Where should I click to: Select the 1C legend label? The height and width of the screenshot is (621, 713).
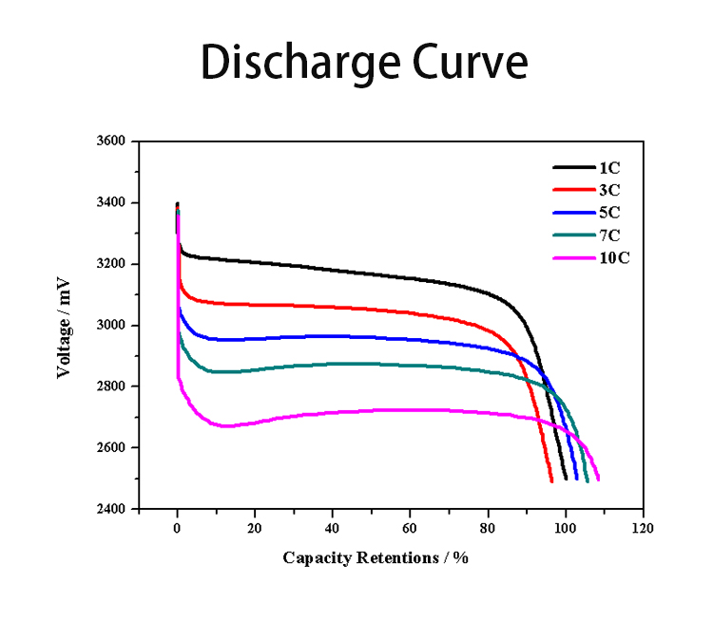[x=609, y=167]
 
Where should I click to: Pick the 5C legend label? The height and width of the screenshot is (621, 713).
[x=609, y=213]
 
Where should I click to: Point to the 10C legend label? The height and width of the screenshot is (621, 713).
[x=613, y=258]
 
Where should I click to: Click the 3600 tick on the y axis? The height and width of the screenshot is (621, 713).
[x=112, y=141]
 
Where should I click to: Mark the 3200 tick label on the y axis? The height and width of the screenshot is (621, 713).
[x=112, y=264]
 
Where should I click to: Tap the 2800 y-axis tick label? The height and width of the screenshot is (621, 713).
[x=112, y=386]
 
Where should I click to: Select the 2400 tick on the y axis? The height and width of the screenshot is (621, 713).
[x=112, y=509]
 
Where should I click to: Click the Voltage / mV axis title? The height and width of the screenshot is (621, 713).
[x=64, y=325]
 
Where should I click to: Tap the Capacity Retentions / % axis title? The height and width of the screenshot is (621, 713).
[x=376, y=557]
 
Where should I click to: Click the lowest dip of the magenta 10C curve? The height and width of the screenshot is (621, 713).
[x=225, y=425]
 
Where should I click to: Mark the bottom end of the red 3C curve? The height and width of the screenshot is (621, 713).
[x=551, y=480]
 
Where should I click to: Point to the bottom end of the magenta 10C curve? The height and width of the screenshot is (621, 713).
[x=598, y=480]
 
